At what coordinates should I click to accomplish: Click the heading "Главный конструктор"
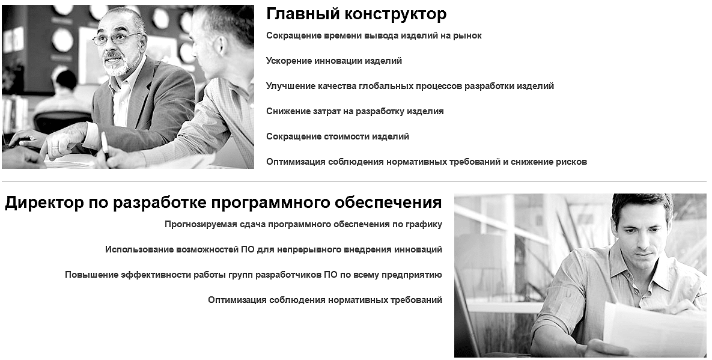pyautogui.click(x=356, y=14)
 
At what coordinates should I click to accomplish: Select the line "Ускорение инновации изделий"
pyautogui.click(x=333, y=61)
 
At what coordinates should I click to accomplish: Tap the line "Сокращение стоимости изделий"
pyautogui.click(x=338, y=136)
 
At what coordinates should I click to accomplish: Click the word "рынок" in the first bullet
pyautogui.click(x=467, y=36)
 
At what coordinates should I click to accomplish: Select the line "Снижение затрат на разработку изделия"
pyautogui.click(x=354, y=112)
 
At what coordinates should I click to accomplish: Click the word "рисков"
pyautogui.click(x=571, y=162)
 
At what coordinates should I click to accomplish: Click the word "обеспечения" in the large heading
pyautogui.click(x=388, y=203)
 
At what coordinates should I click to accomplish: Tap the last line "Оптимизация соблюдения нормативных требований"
pyautogui.click(x=325, y=300)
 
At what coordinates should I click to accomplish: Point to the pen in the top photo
pyautogui.click(x=105, y=146)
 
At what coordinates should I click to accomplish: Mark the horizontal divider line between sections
pyautogui.click(x=354, y=181)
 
